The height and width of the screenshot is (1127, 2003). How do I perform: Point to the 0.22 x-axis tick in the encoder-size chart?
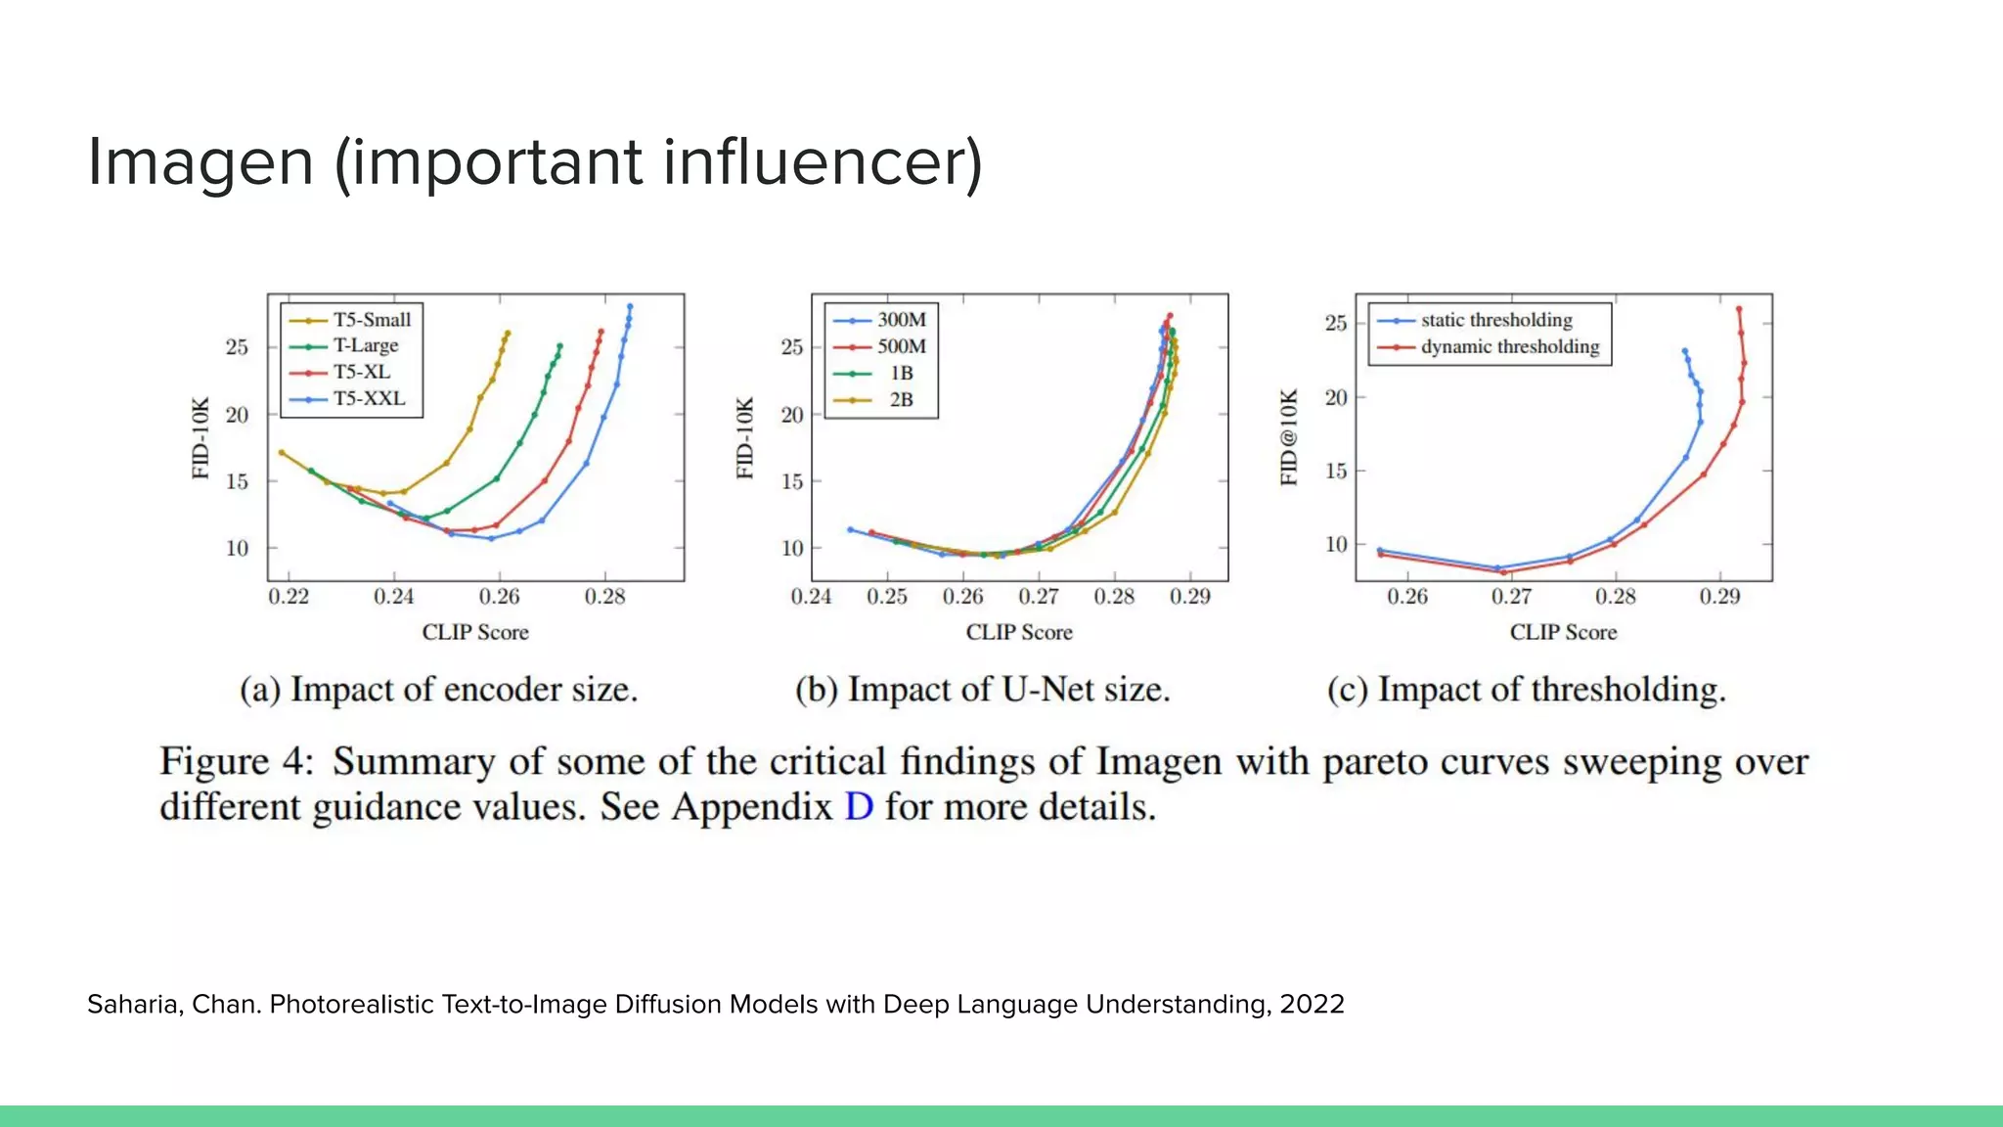[x=289, y=597]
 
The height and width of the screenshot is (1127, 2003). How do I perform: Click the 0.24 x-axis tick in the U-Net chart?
[x=811, y=597]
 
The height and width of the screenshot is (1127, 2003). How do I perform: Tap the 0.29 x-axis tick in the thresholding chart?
[x=1719, y=597]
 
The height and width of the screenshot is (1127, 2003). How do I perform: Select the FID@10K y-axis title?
[x=1290, y=436]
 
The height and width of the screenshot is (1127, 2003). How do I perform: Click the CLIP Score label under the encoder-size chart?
[x=475, y=633]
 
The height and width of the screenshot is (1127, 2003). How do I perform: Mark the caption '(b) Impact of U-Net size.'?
[x=982, y=690]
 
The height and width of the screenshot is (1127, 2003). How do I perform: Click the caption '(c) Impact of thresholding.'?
[x=1526, y=690]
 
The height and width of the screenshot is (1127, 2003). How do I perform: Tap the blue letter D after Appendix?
[x=858, y=807]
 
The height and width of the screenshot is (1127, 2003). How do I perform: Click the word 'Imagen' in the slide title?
[x=200, y=161]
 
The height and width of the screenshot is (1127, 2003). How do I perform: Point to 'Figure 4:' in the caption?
[x=237, y=761]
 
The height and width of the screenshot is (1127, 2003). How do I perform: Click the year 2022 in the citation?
[x=1312, y=1005]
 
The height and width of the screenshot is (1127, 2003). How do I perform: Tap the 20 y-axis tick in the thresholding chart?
[x=1336, y=397]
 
